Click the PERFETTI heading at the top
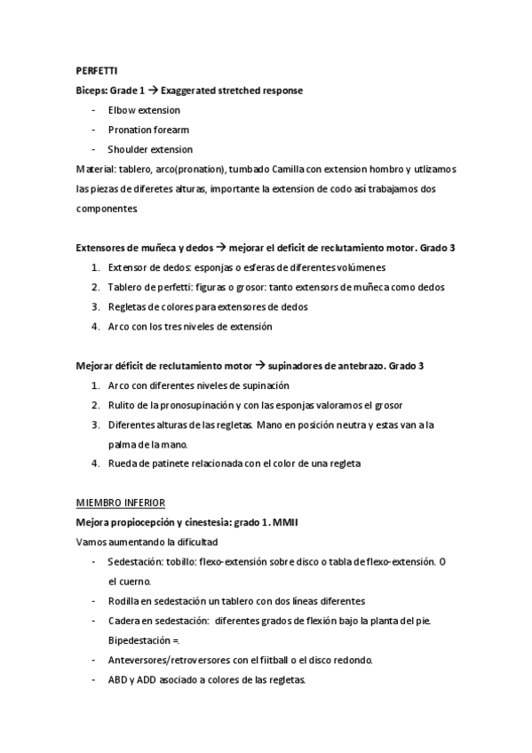pos(96,71)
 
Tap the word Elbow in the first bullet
pos(121,110)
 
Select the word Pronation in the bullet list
pos(129,130)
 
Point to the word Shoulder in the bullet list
pos(127,149)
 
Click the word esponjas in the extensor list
pos(212,267)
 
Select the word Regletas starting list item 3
pos(128,306)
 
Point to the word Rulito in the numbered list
pos(122,405)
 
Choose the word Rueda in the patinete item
pos(122,464)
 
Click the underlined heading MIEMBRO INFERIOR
pos(121,503)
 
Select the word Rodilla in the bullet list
pos(125,601)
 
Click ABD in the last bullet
pos(118,679)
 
